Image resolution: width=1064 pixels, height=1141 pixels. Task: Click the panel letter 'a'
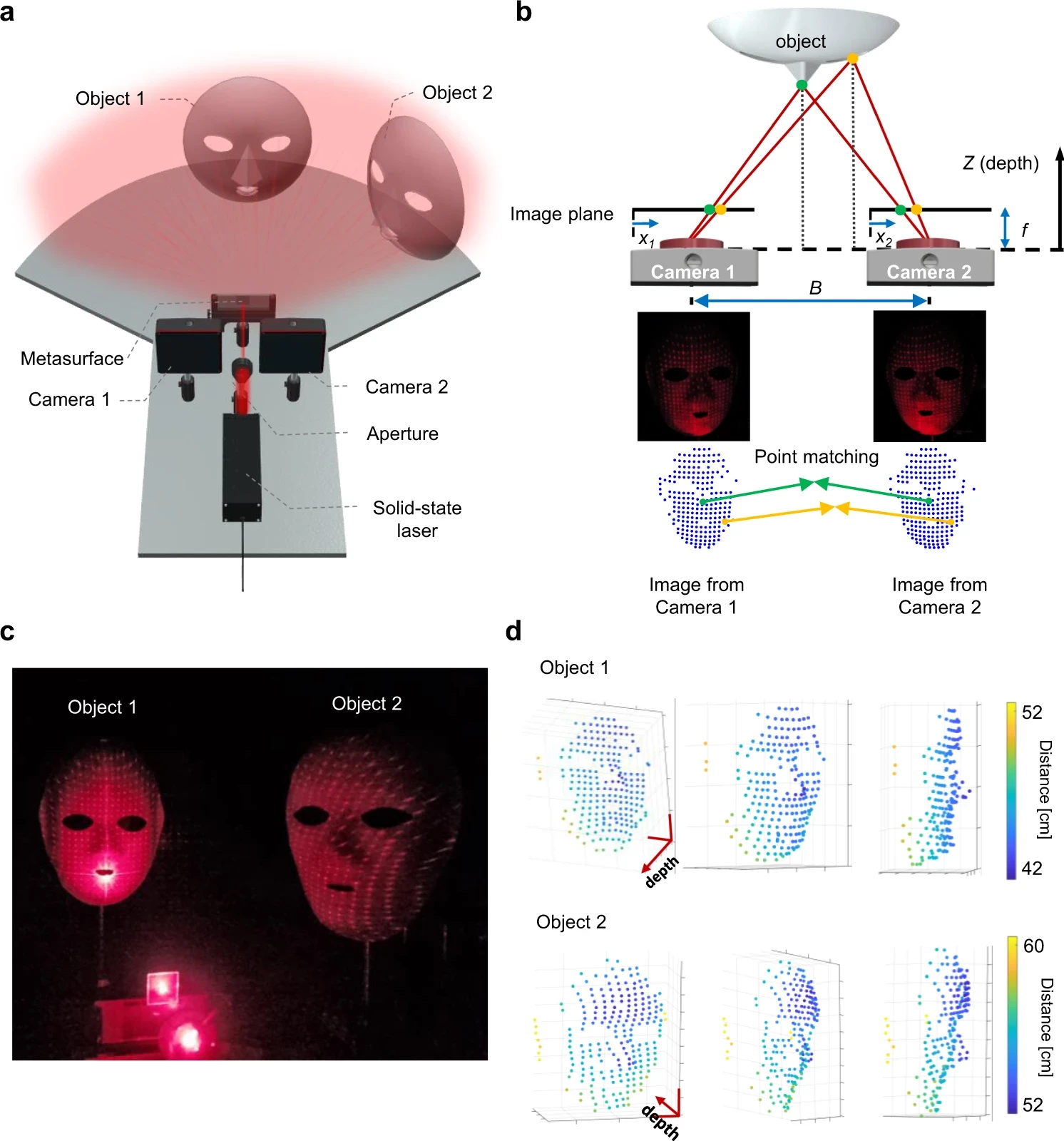[x=8, y=12]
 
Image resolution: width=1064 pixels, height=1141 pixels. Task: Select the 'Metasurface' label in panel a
[x=72, y=358]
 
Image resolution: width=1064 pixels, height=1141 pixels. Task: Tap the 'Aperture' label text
[x=402, y=434]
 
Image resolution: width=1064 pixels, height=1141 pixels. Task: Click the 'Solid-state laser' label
[x=417, y=518]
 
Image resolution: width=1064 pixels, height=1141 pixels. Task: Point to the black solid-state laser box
[x=242, y=467]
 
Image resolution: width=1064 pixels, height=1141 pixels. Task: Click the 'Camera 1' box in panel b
[x=693, y=270]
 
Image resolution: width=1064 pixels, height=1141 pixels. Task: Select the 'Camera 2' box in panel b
[x=929, y=270]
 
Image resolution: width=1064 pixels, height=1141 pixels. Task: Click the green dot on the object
[x=802, y=85]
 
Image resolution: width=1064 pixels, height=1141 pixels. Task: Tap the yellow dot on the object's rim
[x=852, y=58]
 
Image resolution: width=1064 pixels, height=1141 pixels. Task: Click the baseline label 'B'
[x=815, y=287]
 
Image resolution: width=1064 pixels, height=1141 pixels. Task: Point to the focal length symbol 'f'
[x=1024, y=230]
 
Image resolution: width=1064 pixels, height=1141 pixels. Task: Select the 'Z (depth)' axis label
[x=1001, y=163]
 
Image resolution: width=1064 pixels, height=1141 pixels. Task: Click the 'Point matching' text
[x=817, y=456]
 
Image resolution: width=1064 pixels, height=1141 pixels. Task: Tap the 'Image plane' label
[x=561, y=214]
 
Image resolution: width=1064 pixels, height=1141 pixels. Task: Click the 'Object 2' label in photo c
[x=367, y=704]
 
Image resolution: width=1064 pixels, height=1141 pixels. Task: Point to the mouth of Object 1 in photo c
[x=106, y=871]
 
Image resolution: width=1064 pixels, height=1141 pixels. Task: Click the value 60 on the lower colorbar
[x=1033, y=946]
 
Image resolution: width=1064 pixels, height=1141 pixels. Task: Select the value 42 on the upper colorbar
[x=1032, y=868]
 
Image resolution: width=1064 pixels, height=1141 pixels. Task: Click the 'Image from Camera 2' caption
[x=939, y=595]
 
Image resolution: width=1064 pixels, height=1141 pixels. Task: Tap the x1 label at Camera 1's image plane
[x=647, y=240]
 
